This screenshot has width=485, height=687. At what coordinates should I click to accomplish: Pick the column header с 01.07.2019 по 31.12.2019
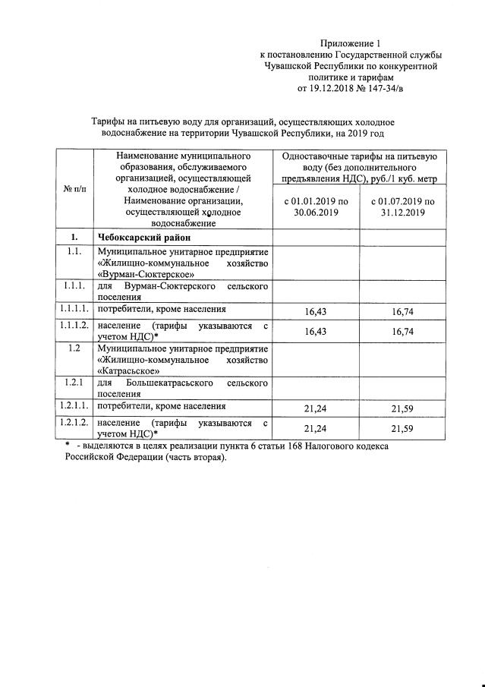point(402,207)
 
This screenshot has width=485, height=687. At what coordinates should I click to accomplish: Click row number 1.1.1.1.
point(74,310)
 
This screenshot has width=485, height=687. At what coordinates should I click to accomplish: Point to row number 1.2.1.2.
point(74,423)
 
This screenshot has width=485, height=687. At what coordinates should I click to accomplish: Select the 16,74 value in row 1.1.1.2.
point(402,332)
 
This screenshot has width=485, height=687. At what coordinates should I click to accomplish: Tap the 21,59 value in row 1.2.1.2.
point(402,429)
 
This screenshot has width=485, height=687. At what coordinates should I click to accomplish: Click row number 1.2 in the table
point(74,348)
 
